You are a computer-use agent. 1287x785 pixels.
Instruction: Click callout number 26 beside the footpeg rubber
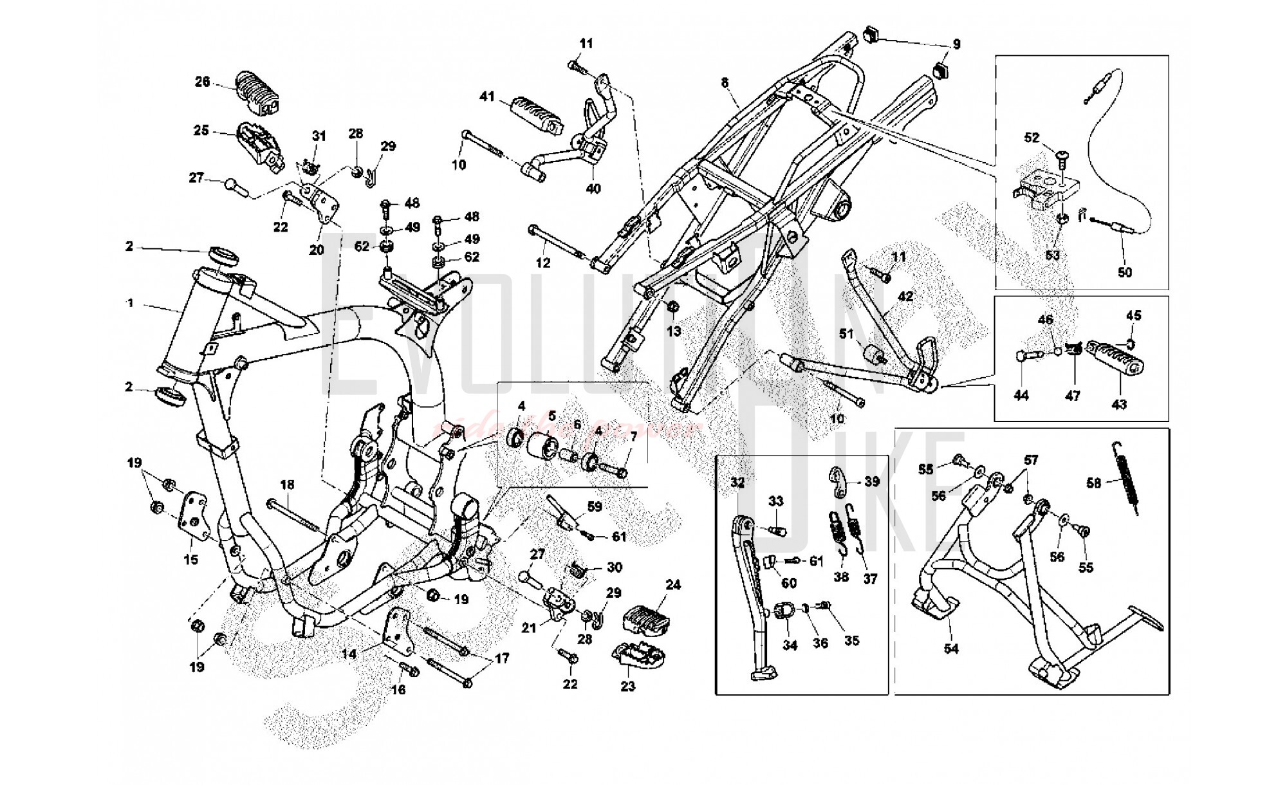point(203,82)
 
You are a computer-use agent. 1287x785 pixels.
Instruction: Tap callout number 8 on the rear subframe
point(725,82)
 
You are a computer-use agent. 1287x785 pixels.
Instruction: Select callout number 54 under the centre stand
point(951,649)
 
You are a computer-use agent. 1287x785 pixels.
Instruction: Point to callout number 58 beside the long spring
point(1093,483)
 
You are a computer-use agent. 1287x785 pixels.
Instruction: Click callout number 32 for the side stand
point(737,482)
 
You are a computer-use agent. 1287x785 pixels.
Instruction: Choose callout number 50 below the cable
point(1124,272)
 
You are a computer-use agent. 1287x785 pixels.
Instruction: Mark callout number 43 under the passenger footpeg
point(1119,404)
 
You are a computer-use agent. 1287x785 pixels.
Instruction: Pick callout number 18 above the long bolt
point(287,485)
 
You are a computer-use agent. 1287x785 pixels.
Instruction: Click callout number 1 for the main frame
point(131,302)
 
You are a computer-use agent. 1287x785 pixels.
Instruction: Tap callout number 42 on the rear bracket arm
point(905,297)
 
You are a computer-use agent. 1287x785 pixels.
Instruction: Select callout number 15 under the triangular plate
point(191,560)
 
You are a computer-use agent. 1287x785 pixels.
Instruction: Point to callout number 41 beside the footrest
point(486,97)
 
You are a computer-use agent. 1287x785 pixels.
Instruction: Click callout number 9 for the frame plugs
point(956,44)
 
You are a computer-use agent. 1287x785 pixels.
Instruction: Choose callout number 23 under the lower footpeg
point(628,686)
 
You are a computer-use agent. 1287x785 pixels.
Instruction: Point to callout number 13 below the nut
point(673,331)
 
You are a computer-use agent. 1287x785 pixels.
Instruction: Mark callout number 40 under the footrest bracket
point(593,189)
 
